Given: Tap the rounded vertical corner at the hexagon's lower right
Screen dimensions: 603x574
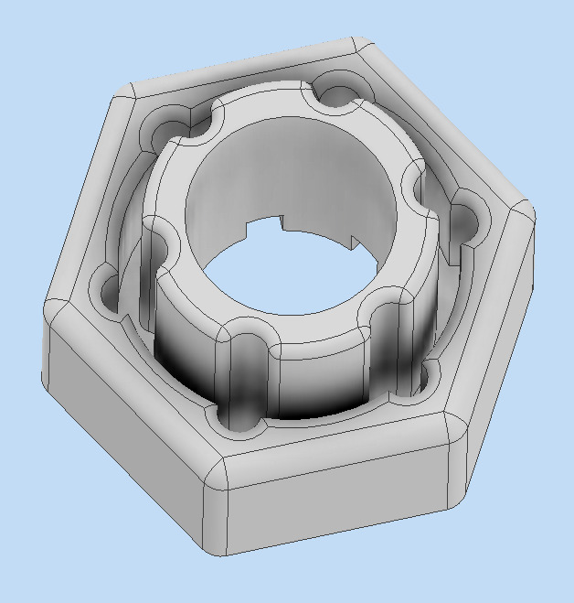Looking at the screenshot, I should click(x=457, y=467).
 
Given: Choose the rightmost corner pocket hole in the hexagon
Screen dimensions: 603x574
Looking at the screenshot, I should click(x=466, y=220).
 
